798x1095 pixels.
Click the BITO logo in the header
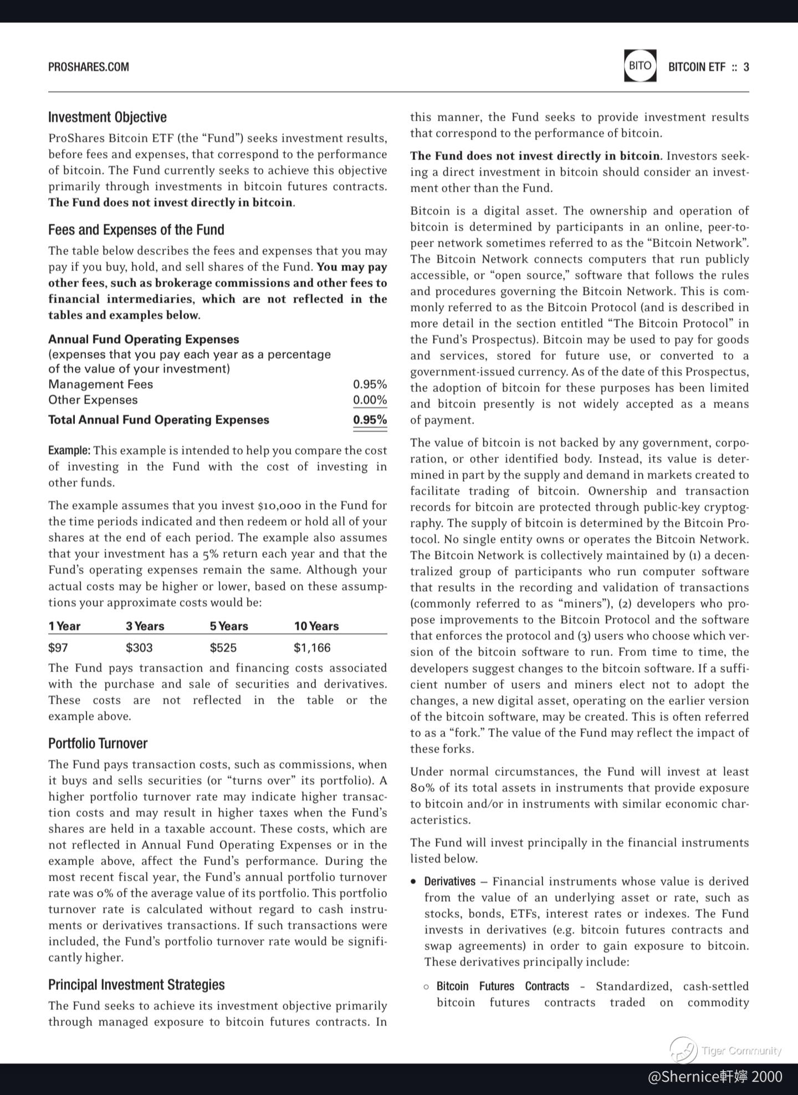[640, 66]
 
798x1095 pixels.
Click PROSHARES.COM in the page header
[89, 67]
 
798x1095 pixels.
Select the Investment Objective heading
[108, 117]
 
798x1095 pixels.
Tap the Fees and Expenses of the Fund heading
[136, 230]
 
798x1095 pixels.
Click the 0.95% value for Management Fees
[370, 384]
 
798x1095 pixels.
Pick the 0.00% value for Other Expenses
[370, 400]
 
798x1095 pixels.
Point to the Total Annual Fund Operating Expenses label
[158, 420]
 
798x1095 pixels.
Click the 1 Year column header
[64, 626]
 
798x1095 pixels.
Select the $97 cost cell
[58, 648]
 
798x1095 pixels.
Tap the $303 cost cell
[139, 648]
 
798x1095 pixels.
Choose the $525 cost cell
[223, 648]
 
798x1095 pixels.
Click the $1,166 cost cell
[312, 648]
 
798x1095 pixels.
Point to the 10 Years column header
[316, 626]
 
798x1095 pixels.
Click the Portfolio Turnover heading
[98, 743]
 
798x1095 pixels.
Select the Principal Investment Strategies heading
[136, 985]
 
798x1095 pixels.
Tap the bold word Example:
[69, 450]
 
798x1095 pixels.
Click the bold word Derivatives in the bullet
[450, 881]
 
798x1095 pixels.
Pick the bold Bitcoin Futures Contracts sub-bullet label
[503, 986]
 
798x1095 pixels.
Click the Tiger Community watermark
[726, 1050]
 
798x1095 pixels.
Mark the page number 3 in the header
[746, 67]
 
